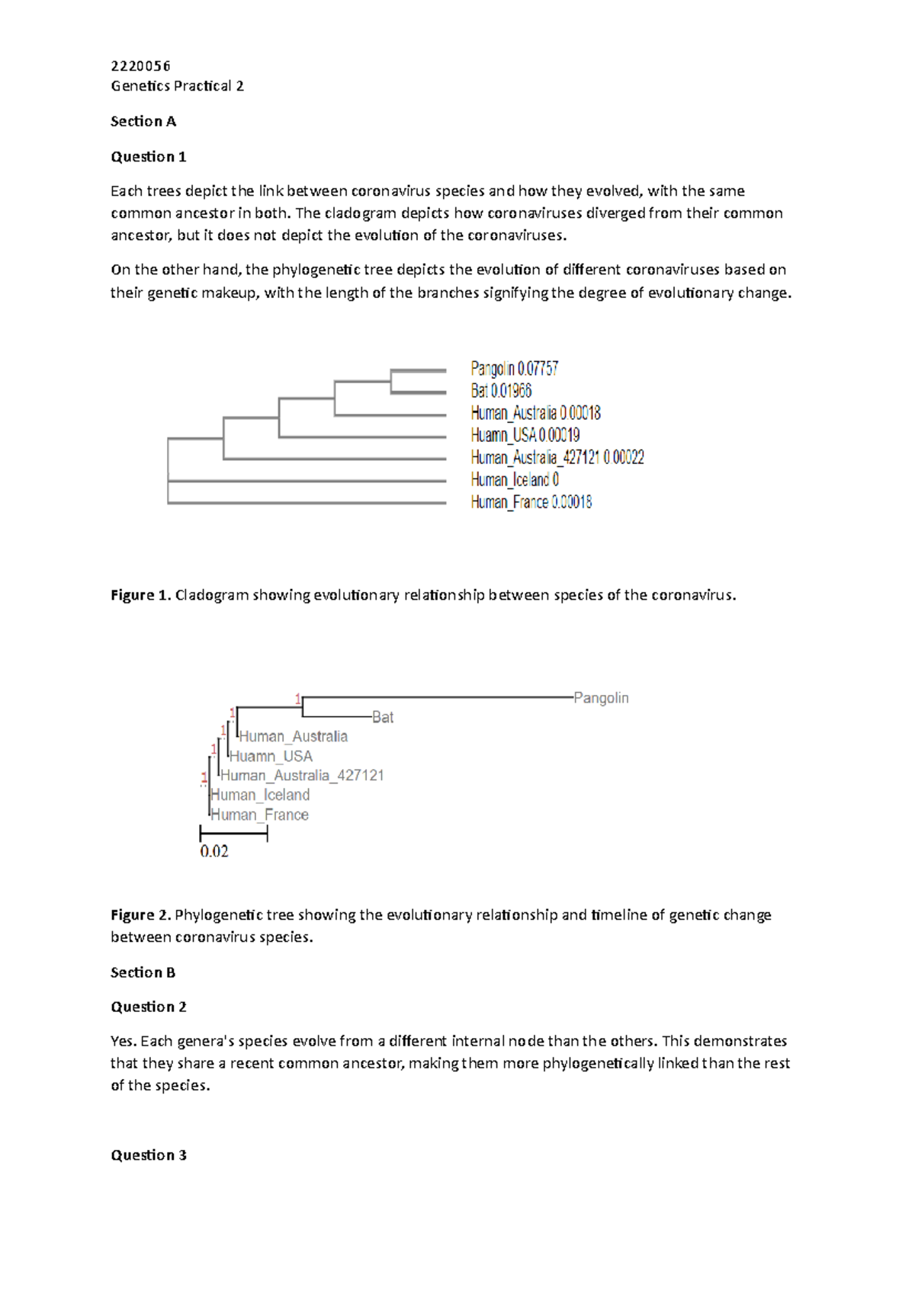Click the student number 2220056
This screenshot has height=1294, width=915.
pos(140,66)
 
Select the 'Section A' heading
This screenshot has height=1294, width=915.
pos(143,121)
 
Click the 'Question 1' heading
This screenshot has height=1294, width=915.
pos(149,157)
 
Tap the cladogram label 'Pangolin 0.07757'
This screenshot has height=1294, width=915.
pos(515,369)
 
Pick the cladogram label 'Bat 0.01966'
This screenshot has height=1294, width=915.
pos(501,391)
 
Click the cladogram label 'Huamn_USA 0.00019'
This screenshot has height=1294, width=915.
pos(525,435)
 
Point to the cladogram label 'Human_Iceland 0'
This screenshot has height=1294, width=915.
pos(515,479)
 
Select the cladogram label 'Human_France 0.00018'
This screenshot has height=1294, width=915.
pos(531,501)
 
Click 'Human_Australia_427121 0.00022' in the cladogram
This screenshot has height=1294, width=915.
pos(557,457)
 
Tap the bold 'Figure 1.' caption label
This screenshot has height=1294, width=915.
pos(141,595)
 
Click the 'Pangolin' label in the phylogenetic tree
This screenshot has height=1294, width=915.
pos(601,698)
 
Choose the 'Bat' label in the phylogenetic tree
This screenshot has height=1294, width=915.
pos(383,717)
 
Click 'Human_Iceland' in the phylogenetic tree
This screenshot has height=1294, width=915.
pos(260,795)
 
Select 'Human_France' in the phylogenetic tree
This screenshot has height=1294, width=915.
pos(260,815)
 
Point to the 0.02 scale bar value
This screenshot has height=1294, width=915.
pos(214,851)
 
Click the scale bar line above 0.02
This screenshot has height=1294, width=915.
pos(233,834)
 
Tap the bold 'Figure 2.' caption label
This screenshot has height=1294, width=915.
pos(141,915)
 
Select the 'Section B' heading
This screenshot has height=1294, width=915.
pos(143,972)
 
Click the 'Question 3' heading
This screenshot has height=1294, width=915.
pos(149,1155)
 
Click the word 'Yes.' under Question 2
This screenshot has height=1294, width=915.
pos(124,1041)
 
